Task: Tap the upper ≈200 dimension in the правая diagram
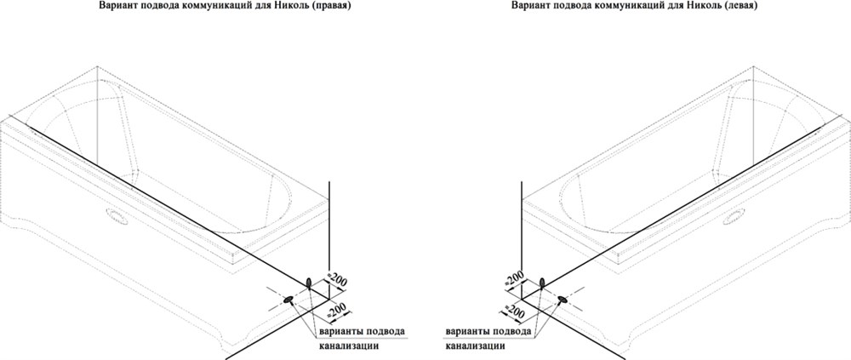tap(338, 282)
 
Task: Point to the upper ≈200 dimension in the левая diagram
tap(513, 277)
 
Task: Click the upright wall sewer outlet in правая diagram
tap(309, 283)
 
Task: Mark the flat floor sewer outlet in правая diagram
tap(288, 299)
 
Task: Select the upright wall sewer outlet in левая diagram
tap(541, 283)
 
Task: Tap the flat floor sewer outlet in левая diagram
tap(563, 299)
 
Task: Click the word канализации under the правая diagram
tap(347, 346)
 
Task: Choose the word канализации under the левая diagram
tap(476, 346)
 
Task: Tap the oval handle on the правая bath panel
tap(117, 217)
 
